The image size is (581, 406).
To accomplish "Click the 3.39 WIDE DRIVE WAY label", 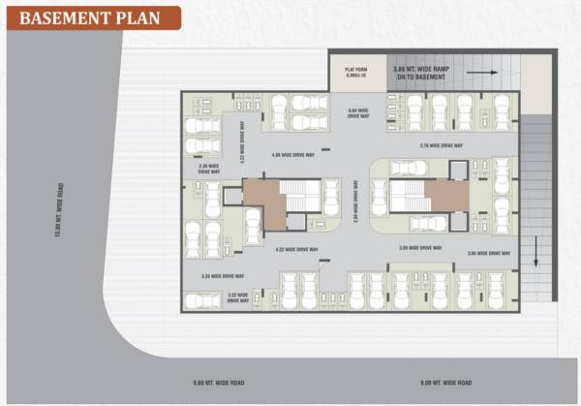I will tap(221, 276).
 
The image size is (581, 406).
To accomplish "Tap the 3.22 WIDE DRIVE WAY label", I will tap(239, 297).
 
